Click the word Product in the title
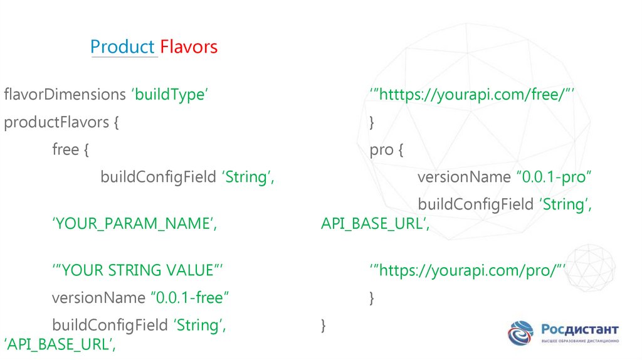click(x=122, y=47)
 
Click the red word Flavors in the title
click(x=189, y=47)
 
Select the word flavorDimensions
click(x=65, y=95)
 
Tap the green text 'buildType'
click(x=169, y=95)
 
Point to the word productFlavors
click(x=56, y=122)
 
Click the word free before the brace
click(x=66, y=150)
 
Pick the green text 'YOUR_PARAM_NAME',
click(x=135, y=223)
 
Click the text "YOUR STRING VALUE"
click(x=138, y=270)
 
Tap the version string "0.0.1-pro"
click(x=554, y=177)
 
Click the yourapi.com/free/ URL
click(x=473, y=95)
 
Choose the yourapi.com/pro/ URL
click(x=468, y=270)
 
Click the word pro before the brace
click(x=382, y=150)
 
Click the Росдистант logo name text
click(x=580, y=329)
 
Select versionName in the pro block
click(x=464, y=177)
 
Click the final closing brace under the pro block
click(x=323, y=325)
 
